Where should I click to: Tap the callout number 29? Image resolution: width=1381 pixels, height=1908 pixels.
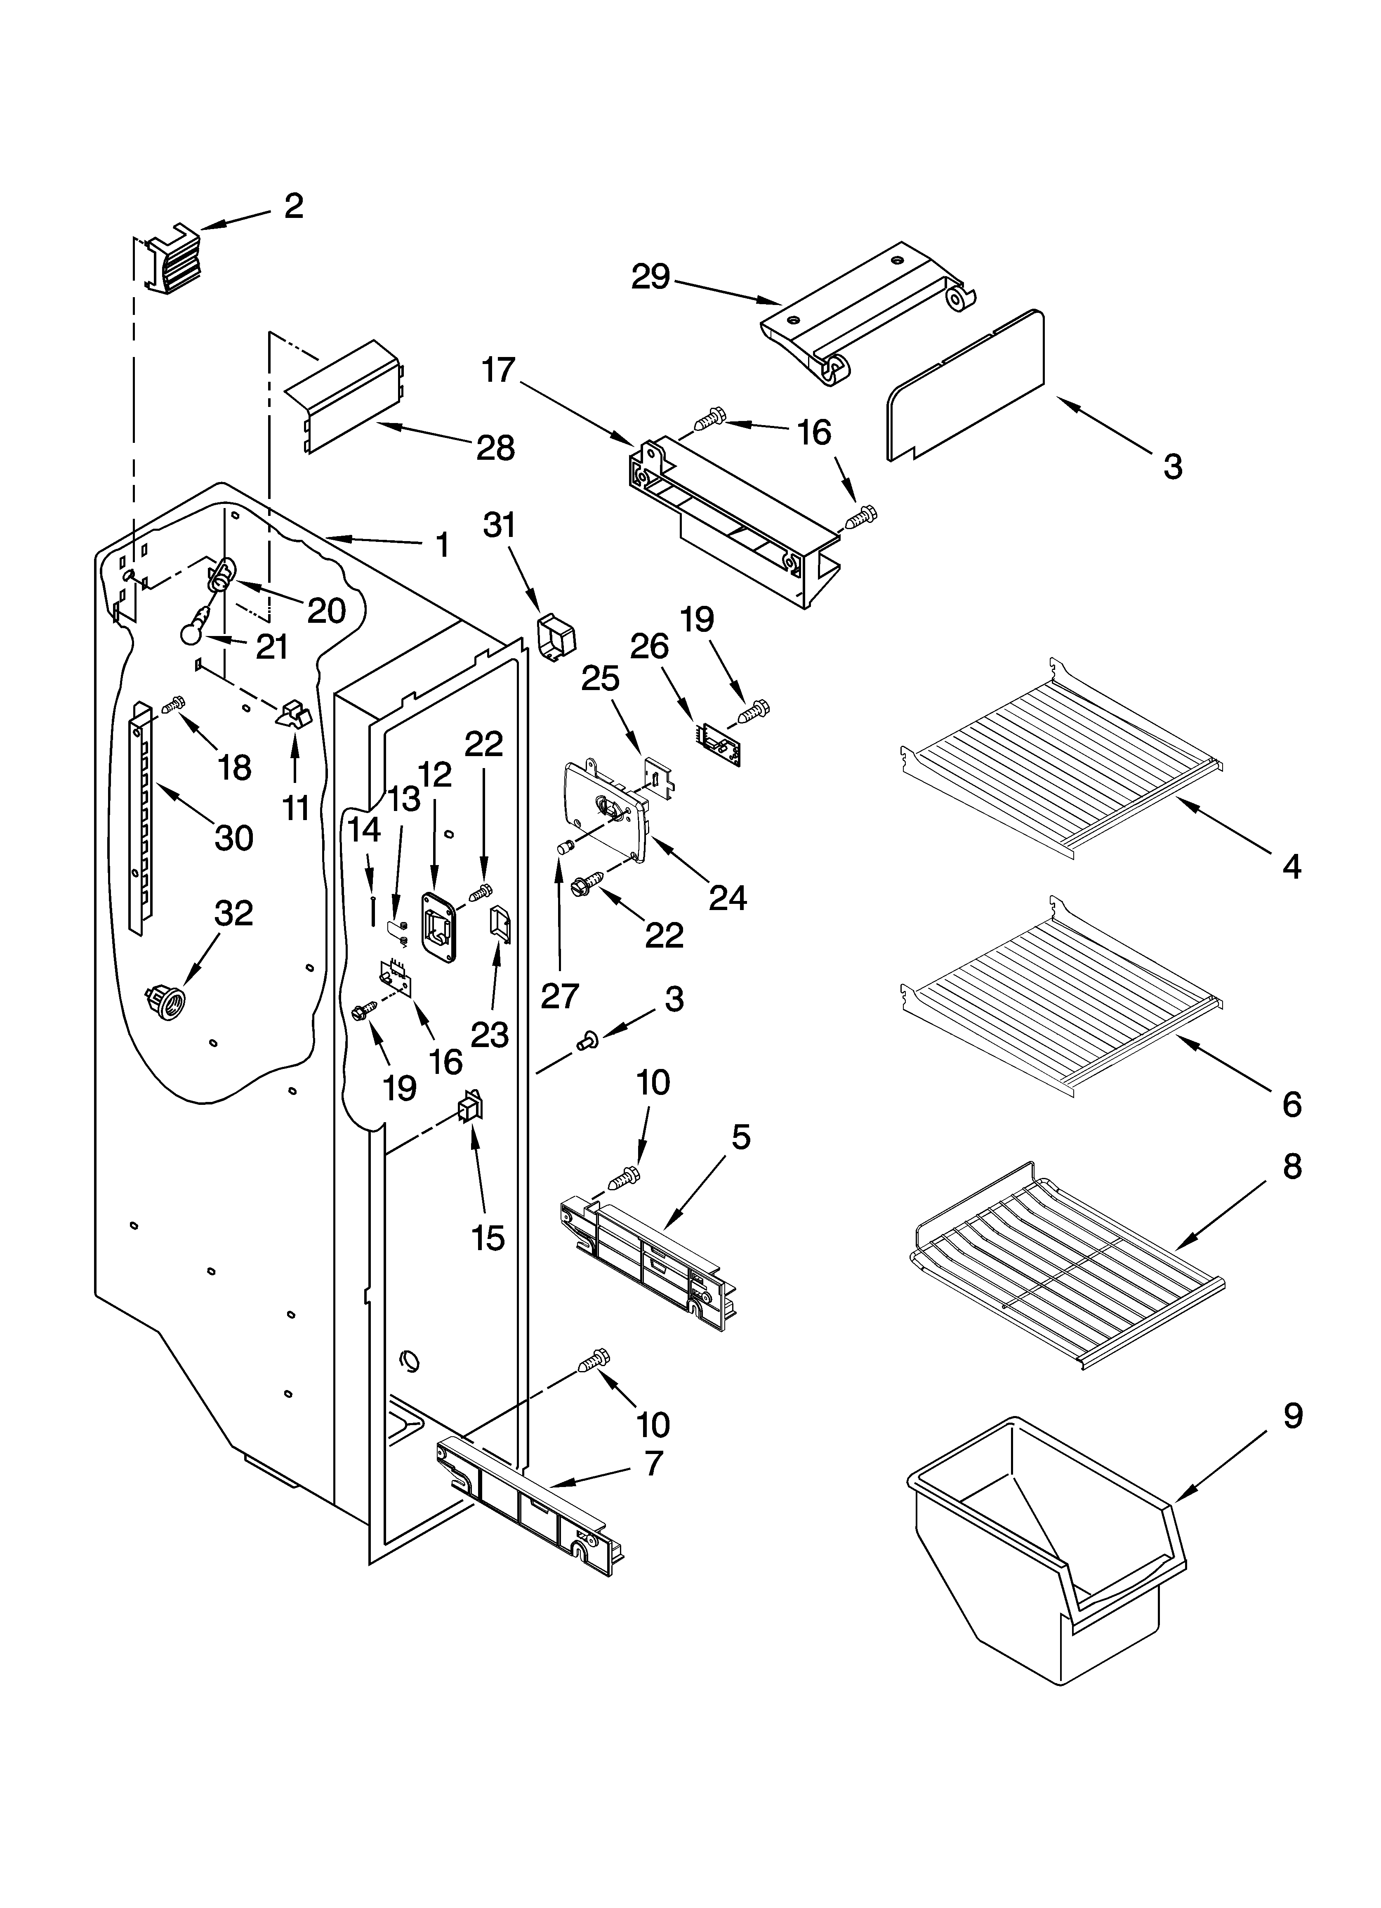(650, 277)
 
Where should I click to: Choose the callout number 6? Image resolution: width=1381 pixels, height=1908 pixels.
(1292, 1104)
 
